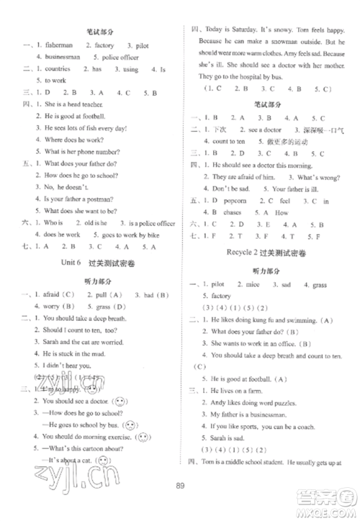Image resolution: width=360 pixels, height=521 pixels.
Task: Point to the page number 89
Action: coord(181,503)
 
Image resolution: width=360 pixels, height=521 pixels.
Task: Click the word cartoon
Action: coord(91,448)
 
